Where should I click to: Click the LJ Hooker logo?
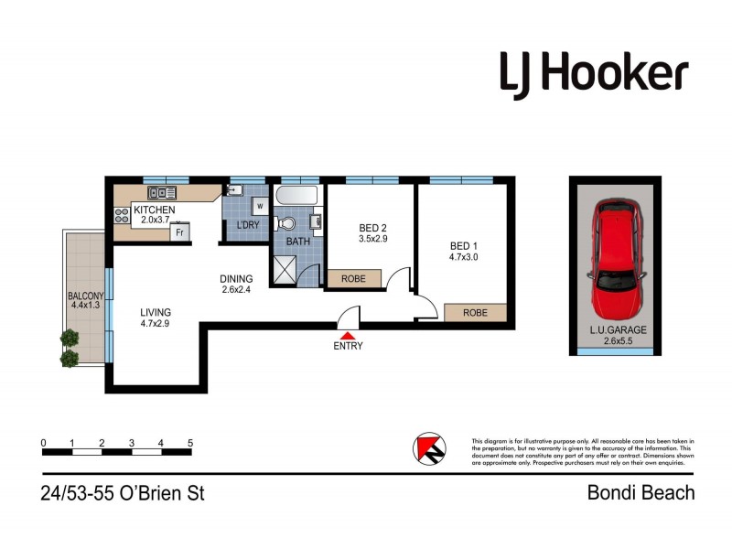pyautogui.click(x=593, y=72)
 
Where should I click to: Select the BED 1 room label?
pyautogui.click(x=463, y=252)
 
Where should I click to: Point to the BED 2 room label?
pyautogui.click(x=371, y=233)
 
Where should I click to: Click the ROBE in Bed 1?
pyautogui.click(x=474, y=313)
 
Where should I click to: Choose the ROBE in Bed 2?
pyautogui.click(x=355, y=278)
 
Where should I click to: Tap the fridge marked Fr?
pyautogui.click(x=180, y=233)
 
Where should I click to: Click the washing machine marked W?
pyautogui.click(x=258, y=206)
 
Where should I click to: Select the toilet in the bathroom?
pyautogui.click(x=287, y=222)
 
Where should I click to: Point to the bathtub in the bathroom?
pyautogui.click(x=296, y=196)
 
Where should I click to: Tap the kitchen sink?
pyautogui.click(x=161, y=193)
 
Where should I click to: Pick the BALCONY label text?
pyautogui.click(x=85, y=301)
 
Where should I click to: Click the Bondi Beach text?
pyautogui.click(x=640, y=493)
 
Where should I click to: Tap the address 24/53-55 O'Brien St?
pyautogui.click(x=123, y=494)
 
